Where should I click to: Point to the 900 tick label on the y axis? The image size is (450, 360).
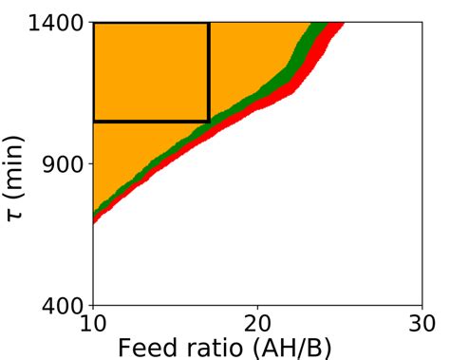64,163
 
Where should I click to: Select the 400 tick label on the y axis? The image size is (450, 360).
64,306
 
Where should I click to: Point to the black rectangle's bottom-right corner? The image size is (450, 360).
209,121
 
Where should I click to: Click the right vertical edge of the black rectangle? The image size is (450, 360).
209,71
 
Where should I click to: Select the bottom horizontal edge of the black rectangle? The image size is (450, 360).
152,121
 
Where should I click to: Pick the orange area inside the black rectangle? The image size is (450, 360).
152,71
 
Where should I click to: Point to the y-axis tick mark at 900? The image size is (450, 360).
90,163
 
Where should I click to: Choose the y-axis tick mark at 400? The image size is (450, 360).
90,306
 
